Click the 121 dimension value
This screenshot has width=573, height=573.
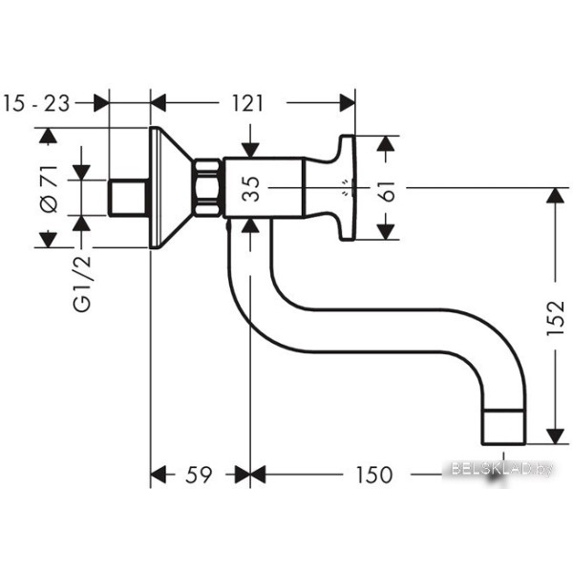[x=247, y=103]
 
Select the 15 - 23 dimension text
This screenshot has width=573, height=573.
[x=36, y=103]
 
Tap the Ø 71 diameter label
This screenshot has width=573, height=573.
[x=49, y=189]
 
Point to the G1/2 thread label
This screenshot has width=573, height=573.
[x=81, y=284]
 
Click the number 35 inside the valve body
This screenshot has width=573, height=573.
[x=250, y=188]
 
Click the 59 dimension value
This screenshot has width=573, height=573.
[x=199, y=475]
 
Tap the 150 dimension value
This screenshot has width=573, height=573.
[x=373, y=475]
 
